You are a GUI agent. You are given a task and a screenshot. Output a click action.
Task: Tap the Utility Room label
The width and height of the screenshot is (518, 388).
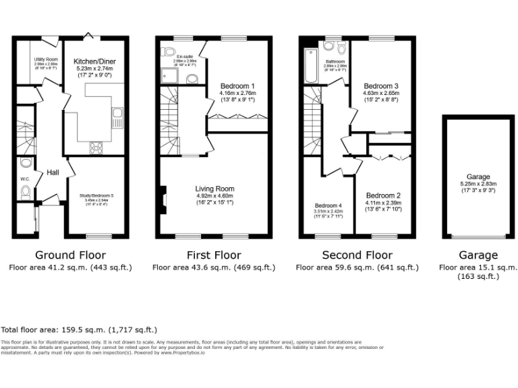click(x=46, y=59)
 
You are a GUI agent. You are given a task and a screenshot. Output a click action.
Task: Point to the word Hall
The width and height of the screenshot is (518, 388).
click(x=53, y=173)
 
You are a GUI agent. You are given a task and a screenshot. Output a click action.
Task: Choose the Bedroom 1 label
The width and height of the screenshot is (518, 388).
click(x=237, y=86)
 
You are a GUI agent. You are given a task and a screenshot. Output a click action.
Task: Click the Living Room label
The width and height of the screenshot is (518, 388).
click(x=214, y=189)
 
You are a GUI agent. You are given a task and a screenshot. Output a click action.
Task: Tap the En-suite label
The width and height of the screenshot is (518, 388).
click(x=183, y=57)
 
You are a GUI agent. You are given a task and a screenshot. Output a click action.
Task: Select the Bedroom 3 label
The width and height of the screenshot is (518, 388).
click(x=381, y=86)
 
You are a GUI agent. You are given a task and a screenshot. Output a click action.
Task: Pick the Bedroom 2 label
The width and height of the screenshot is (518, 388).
click(x=382, y=195)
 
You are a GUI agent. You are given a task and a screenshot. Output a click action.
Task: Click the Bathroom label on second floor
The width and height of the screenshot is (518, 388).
click(x=335, y=62)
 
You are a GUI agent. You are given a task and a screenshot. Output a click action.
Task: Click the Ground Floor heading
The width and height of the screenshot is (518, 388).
click(x=71, y=255)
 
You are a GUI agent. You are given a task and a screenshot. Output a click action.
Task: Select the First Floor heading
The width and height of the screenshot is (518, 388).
click(x=214, y=255)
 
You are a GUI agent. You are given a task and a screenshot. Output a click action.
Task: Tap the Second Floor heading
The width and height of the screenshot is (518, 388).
click(x=357, y=255)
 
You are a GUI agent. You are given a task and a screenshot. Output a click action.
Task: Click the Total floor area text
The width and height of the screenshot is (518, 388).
click(x=79, y=330)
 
